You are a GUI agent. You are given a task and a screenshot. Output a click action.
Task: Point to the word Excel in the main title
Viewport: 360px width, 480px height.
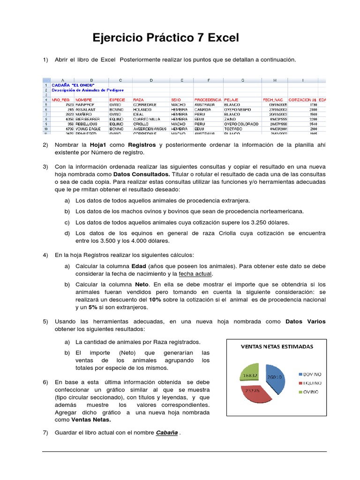point(223,37)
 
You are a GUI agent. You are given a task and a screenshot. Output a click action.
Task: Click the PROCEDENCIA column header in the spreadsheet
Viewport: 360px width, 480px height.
point(208,100)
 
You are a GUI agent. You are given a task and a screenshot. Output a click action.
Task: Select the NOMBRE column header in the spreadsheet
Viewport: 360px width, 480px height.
point(84,100)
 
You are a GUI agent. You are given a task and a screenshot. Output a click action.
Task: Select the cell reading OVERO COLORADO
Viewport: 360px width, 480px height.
point(241,124)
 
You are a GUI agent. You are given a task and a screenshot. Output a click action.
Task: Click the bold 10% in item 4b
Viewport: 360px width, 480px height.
point(155,300)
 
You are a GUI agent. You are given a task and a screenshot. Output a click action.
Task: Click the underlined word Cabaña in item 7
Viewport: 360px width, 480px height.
point(167,433)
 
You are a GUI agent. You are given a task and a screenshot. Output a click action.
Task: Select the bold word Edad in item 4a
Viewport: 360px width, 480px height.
point(139,266)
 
